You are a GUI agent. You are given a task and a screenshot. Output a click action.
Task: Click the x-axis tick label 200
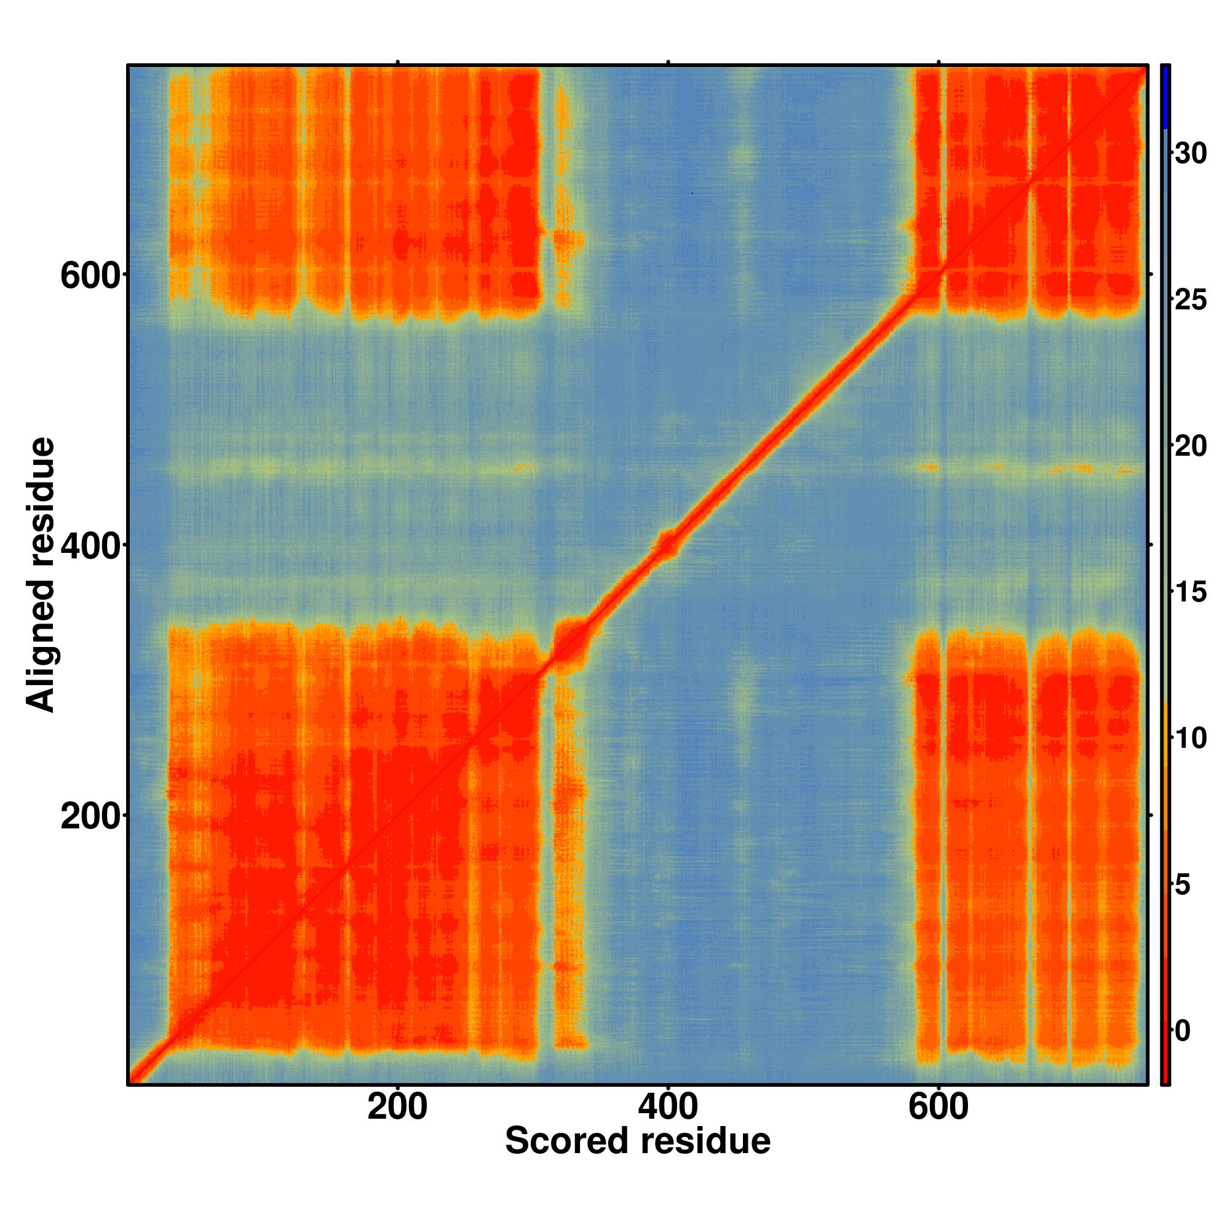[397, 1108]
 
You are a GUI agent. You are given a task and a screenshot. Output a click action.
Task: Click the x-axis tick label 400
[668, 1108]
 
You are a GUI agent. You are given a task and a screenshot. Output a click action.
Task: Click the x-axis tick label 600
[938, 1108]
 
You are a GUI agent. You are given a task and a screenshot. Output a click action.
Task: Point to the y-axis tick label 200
[90, 816]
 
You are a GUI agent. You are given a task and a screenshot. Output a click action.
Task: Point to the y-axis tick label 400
[90, 546]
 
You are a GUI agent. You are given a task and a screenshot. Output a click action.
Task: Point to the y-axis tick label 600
[90, 276]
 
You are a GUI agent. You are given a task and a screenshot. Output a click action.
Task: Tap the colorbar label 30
[1191, 154]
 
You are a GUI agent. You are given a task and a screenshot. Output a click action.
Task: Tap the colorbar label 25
[1191, 301]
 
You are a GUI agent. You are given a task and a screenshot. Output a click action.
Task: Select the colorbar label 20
[1191, 447]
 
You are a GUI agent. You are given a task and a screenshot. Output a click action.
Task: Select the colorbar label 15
[1191, 593]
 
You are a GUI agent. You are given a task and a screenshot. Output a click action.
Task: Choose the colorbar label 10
[1191, 739]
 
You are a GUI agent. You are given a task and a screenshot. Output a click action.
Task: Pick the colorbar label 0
[1183, 1031]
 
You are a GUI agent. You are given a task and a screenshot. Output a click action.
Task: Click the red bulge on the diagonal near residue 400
[668, 544]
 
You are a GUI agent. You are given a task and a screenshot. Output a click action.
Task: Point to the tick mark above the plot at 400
[668, 61]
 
